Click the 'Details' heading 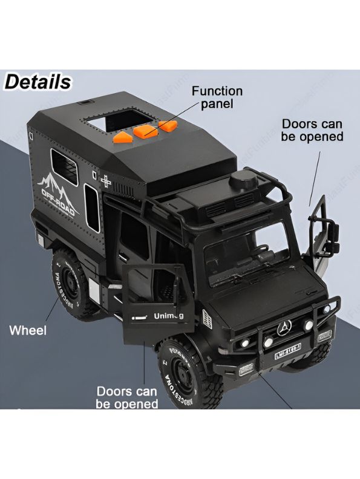coord(38,82)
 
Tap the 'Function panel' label coord(217,97)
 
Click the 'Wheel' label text coord(27,331)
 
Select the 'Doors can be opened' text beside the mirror coord(312,130)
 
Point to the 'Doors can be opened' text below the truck coord(127,397)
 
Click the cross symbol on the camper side coord(107,181)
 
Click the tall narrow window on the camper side coord(91,207)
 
